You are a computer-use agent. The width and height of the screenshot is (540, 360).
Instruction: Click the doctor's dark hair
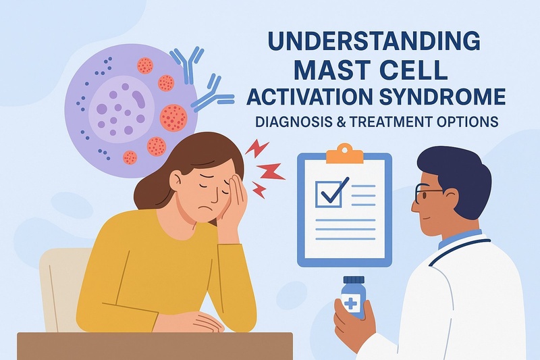pyautogui.click(x=459, y=172)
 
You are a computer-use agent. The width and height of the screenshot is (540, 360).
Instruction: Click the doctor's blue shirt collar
pyautogui.click(x=459, y=239)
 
